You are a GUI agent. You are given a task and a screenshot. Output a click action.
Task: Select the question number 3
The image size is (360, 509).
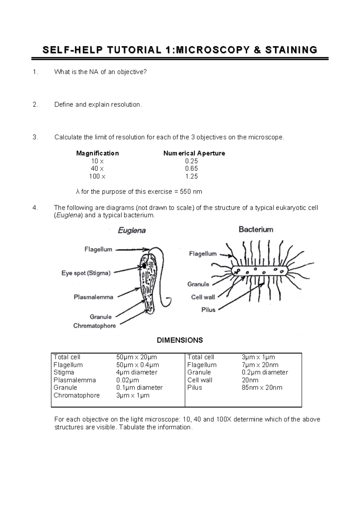(35, 137)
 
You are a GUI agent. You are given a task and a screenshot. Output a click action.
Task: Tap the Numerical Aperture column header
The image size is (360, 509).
(194, 153)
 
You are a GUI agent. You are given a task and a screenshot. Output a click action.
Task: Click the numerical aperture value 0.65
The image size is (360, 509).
(191, 168)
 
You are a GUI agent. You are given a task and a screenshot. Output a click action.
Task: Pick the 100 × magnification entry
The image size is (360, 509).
(97, 176)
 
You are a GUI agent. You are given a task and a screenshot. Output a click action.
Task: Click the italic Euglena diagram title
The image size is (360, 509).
(132, 230)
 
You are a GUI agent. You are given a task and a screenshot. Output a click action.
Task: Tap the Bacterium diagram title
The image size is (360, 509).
(256, 229)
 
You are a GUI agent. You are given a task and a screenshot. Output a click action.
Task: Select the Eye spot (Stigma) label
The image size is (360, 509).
(86, 273)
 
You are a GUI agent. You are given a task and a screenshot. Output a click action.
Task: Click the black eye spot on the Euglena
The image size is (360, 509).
(144, 266)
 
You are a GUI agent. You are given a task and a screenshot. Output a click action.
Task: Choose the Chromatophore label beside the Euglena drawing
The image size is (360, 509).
(94, 326)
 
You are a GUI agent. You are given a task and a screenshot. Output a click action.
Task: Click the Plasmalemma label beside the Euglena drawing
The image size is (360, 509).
(94, 297)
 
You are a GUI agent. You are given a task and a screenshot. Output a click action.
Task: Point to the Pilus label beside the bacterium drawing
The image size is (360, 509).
(208, 310)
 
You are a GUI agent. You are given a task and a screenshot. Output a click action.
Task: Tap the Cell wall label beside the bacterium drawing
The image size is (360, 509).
(203, 297)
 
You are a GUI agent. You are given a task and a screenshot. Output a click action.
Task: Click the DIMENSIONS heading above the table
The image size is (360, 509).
(180, 340)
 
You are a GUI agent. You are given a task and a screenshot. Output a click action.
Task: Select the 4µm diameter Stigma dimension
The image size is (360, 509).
(136, 372)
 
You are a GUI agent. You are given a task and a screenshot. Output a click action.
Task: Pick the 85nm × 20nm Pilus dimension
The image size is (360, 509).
(262, 388)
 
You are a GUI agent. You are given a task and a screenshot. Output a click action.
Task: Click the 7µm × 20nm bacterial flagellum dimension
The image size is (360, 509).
(260, 365)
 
